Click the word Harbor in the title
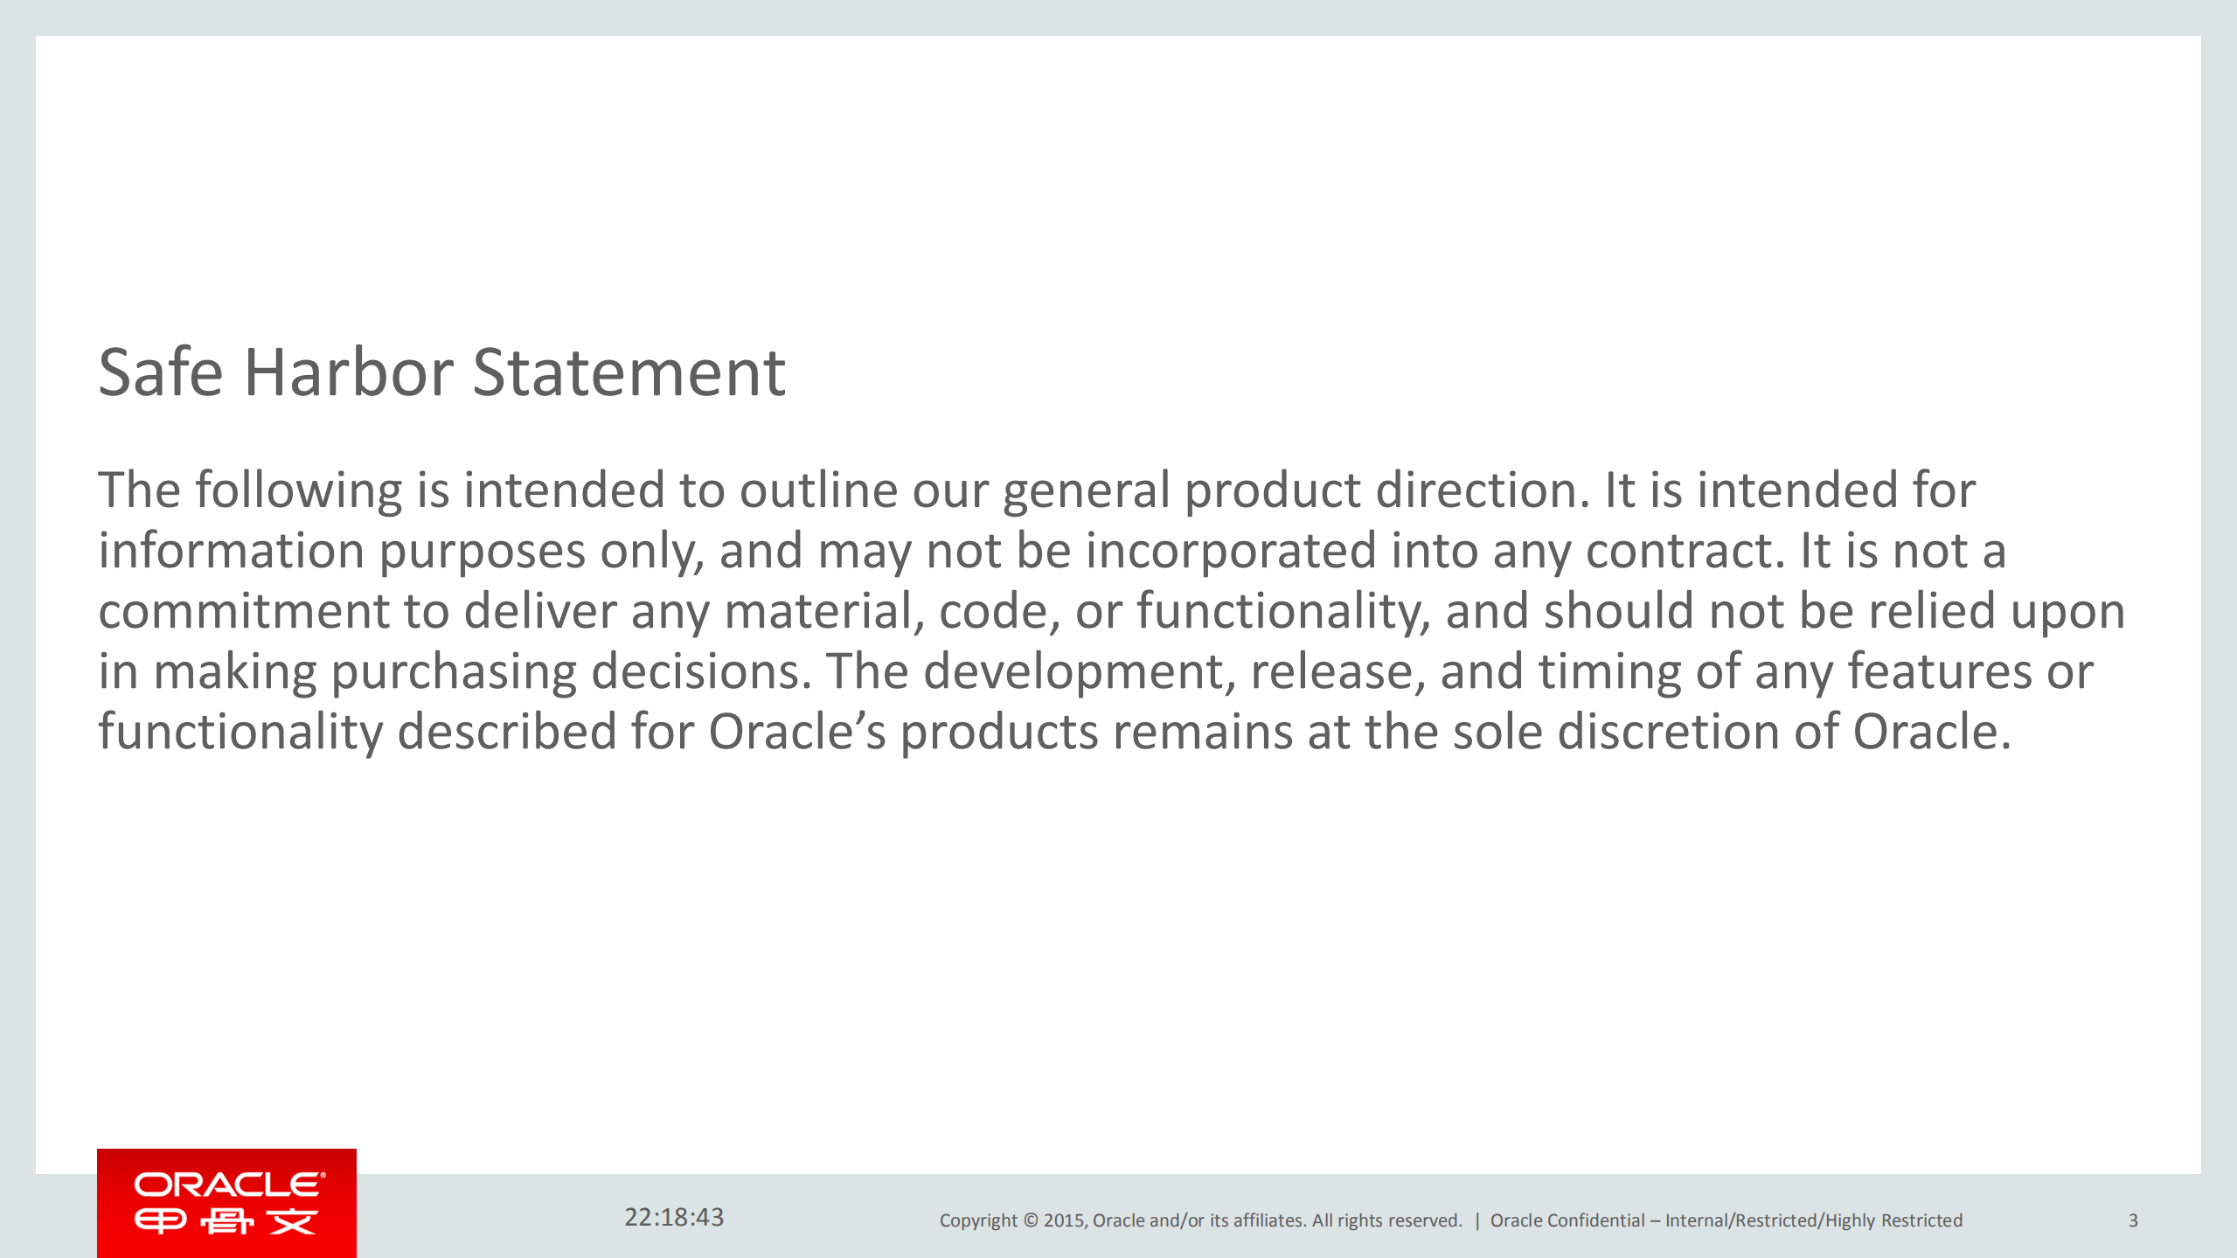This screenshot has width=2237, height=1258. tap(348, 373)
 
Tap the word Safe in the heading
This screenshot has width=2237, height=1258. tap(161, 373)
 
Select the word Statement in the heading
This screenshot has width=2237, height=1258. tap(629, 373)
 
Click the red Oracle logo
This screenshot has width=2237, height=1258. tap(226, 1203)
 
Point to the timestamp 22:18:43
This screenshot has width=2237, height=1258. tap(674, 1217)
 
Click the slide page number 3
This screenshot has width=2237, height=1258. tap(2133, 1220)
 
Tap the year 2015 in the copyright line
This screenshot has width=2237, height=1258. tap(1063, 1220)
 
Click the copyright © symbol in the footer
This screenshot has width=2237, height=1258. tap(1031, 1220)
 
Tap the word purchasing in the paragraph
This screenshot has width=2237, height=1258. tap(454, 673)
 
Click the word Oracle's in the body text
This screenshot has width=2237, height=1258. tap(796, 732)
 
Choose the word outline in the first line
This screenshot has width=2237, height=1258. tap(818, 490)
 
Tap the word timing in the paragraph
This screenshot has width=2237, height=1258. tap(1609, 673)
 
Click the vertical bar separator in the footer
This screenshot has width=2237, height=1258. tap(1477, 1220)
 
